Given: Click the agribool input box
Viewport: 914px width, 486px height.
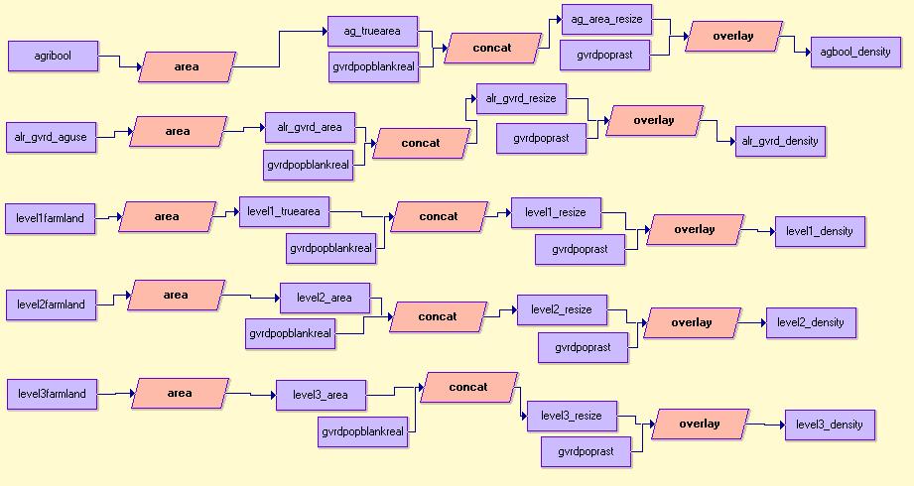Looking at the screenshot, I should [53, 56].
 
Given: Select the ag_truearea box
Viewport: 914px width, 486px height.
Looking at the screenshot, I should [372, 31].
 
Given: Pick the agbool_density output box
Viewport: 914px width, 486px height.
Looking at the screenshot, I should [850, 52].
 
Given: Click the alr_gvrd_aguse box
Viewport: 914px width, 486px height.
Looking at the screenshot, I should [52, 137].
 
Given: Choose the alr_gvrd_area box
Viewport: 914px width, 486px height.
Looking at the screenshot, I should [310, 127].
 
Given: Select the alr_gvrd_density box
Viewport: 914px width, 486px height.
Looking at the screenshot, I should [780, 141].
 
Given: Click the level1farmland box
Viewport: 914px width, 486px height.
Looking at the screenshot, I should [51, 217].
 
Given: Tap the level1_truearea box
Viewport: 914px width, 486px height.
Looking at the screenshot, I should [284, 211].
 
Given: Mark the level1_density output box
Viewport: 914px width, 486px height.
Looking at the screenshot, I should [820, 231].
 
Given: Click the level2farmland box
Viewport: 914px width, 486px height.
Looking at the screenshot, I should [52, 304].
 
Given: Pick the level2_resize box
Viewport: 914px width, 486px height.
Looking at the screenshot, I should [562, 309].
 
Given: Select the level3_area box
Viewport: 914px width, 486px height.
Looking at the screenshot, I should [321, 395].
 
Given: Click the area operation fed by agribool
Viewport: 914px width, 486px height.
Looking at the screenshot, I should [187, 66].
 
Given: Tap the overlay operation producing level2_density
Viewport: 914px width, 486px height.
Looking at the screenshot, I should [692, 322].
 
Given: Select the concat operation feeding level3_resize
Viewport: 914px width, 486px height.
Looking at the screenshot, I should [468, 387].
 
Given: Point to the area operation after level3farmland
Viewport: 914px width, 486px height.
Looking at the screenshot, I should [180, 393].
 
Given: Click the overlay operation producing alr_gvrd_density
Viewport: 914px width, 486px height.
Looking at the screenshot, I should [654, 120].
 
